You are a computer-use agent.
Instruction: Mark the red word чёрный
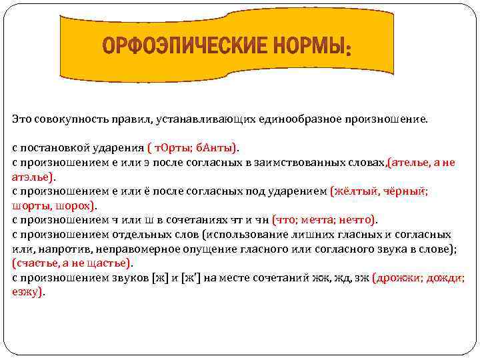coord(406,191)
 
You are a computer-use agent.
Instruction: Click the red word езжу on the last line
coord(26,291)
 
